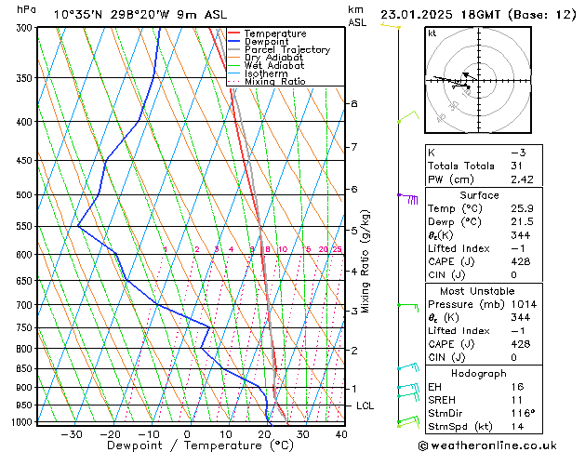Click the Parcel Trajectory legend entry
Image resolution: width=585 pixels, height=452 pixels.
point(286,49)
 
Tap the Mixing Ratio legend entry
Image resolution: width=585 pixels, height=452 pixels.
point(274,81)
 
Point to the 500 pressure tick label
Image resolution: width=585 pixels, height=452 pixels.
point(22,195)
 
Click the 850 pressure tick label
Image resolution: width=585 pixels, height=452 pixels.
point(22,369)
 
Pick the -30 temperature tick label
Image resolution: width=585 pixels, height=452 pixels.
point(72,433)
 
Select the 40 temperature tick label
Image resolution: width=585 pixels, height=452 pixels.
point(341,433)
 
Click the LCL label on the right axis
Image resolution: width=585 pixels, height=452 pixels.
point(366,406)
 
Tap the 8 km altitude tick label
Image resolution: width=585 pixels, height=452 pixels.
point(354,103)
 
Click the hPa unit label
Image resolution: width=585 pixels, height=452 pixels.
point(27,9)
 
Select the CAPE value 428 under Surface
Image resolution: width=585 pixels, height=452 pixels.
point(519,262)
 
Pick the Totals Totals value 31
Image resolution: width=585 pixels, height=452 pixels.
point(517,166)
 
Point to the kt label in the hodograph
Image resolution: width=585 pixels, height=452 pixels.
point(432,33)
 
